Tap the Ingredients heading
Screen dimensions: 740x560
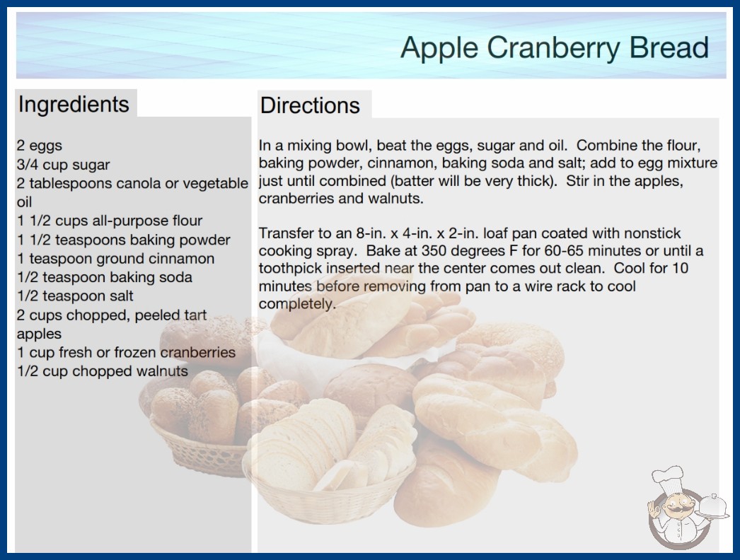[x=74, y=105]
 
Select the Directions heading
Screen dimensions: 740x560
[x=310, y=105]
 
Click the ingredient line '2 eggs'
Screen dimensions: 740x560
[x=40, y=146]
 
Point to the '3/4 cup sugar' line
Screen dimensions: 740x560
[x=63, y=165]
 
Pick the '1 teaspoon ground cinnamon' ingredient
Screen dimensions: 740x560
[x=115, y=259]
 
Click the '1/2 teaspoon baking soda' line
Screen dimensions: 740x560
[x=105, y=277]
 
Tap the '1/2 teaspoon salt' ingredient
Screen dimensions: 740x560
[x=75, y=296]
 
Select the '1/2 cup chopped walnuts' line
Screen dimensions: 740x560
[x=103, y=371]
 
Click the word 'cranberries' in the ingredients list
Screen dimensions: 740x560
[x=198, y=352]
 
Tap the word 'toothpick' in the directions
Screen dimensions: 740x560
[x=290, y=269]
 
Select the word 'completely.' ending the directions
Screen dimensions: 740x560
[x=297, y=304]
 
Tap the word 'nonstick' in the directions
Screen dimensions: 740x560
[x=652, y=233]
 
